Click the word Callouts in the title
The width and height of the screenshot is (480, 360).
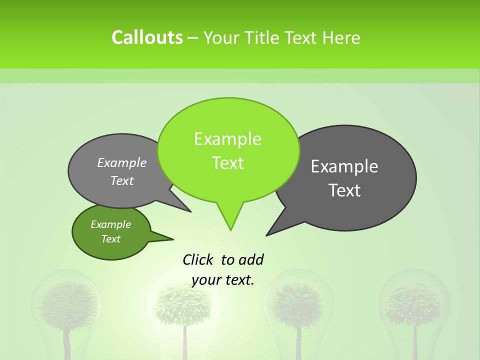147,37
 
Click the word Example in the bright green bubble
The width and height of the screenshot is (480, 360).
227,139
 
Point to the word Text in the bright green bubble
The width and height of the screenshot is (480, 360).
227,163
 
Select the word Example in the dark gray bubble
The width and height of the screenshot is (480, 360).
344,166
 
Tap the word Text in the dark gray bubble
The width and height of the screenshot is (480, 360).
344,190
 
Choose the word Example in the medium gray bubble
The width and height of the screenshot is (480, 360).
122,162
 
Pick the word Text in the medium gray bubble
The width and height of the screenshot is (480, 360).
122,180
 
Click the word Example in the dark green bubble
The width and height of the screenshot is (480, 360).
110,224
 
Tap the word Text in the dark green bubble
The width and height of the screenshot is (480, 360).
110,239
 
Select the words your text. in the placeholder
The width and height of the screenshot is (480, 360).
223,280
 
